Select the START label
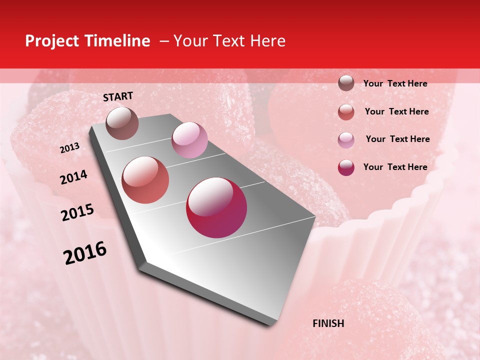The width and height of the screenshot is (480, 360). (118, 96)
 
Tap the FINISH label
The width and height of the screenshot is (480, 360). (328, 323)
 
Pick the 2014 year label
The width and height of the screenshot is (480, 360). (73, 177)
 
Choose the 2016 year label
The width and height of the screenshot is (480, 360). (85, 253)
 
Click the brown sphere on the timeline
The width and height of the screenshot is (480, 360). (122, 122)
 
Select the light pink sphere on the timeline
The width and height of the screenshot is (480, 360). (189, 139)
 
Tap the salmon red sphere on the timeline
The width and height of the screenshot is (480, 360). (145, 179)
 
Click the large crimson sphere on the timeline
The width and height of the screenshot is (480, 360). (216, 207)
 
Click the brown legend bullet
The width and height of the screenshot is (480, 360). (346, 83)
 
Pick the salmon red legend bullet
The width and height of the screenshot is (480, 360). (346, 111)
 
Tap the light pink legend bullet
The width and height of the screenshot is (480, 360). (346, 139)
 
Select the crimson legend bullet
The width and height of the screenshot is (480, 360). (346, 167)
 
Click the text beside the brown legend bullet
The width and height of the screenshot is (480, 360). (395, 83)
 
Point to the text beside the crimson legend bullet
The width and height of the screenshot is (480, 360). (395, 167)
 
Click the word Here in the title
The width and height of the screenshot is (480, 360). (267, 41)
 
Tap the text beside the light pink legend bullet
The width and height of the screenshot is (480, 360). (397, 139)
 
